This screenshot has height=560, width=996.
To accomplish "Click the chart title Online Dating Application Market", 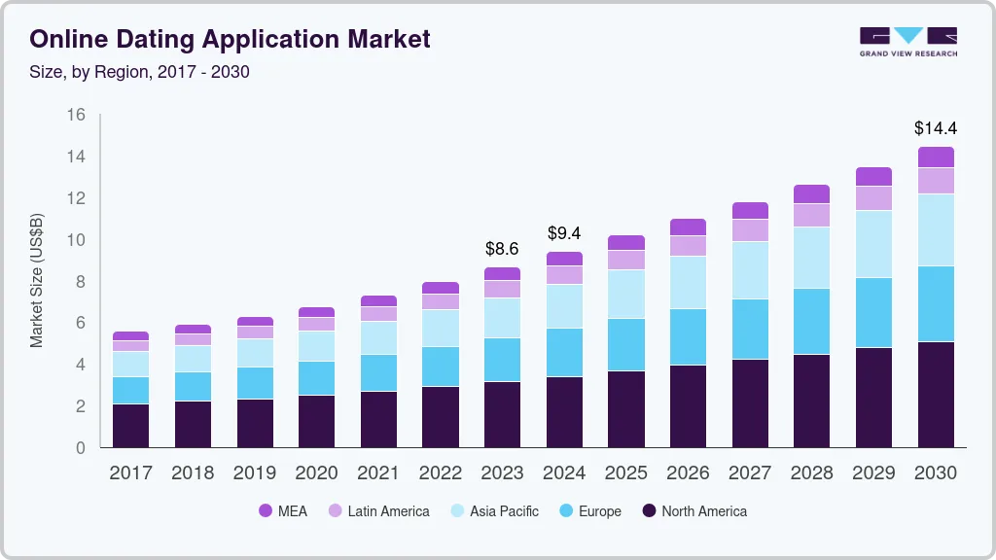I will pos(230,40).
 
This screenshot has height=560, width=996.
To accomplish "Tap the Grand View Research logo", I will pos(907,42).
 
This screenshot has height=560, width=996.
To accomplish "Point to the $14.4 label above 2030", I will pos(935,127).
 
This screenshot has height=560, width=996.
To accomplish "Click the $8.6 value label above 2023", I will pos(502,249).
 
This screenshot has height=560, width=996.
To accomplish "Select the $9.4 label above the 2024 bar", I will pos(564,233).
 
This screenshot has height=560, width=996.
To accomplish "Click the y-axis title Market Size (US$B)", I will pos(37,279).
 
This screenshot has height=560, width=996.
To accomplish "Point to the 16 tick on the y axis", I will pos(76,115).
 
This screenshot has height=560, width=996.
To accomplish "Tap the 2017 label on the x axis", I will pos(130,473).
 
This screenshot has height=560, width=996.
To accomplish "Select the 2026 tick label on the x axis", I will pos(688,473).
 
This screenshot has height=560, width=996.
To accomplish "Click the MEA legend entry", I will pos(283,510).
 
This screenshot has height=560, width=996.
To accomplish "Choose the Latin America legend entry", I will pos(377,510).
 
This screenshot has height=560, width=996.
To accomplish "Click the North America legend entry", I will pos(694,510).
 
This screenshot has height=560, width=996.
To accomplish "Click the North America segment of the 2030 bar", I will pos(936,395).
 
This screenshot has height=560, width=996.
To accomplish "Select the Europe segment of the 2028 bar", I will pos(811,321).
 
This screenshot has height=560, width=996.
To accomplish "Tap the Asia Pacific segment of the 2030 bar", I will pos(936,229).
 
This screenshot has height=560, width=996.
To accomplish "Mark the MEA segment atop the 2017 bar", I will pos(130,335).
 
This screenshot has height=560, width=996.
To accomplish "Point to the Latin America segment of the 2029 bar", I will pos(873,197).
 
